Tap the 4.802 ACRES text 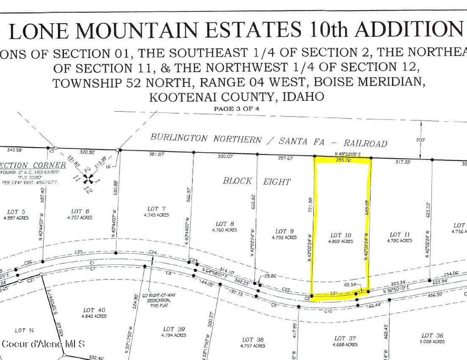pos(341,241)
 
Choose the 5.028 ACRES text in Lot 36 pos(431,341)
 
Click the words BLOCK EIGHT pos(256,181)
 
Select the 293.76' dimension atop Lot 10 pos(345,160)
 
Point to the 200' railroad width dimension pos(420,139)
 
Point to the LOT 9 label pos(281,231)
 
